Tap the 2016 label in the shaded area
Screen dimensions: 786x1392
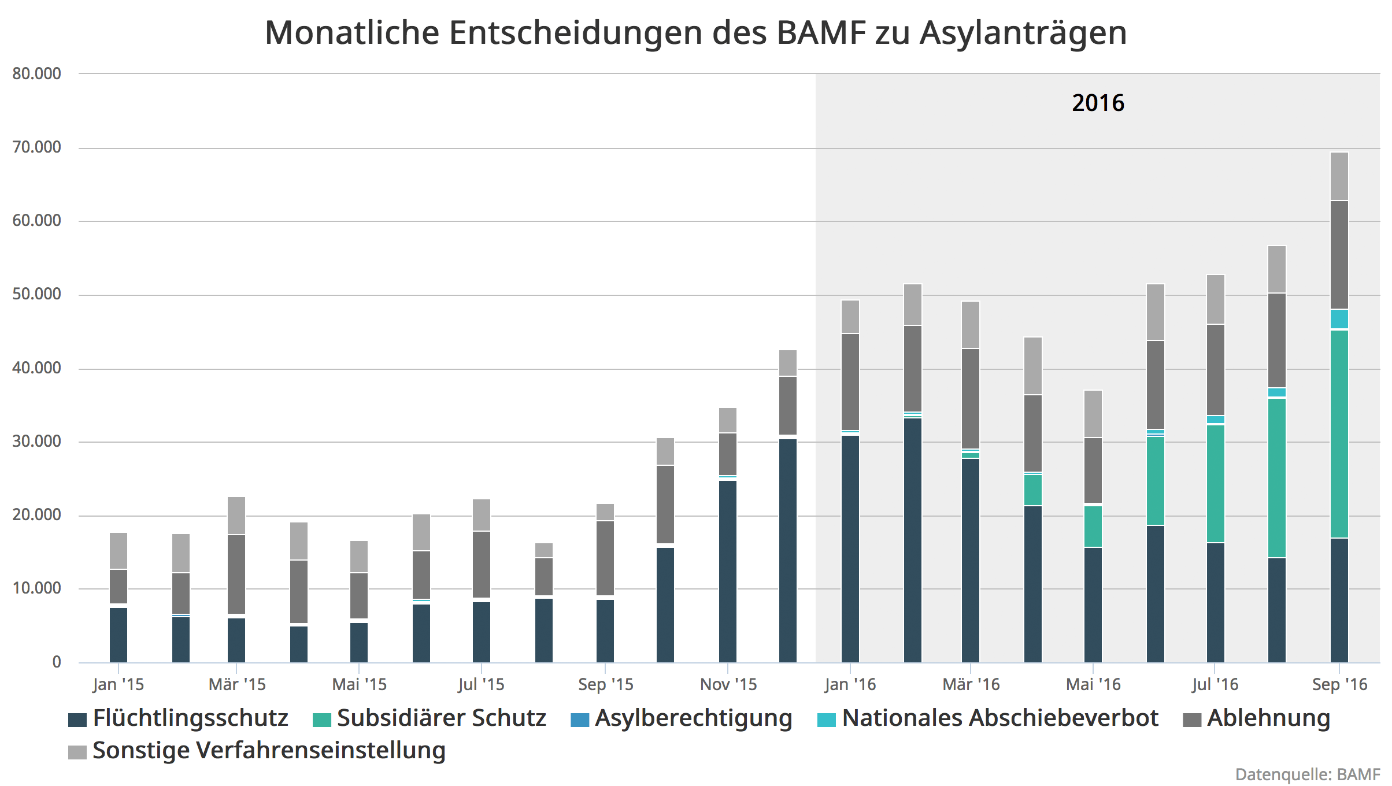(x=1098, y=103)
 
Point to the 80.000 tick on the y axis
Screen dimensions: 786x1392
(x=36, y=74)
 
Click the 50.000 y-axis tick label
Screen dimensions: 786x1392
(x=36, y=294)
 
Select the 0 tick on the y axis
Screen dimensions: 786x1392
(x=56, y=662)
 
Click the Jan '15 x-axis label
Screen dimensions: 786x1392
(x=118, y=685)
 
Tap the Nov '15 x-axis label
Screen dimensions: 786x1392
(x=728, y=685)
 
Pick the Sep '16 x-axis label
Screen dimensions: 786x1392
(x=1339, y=685)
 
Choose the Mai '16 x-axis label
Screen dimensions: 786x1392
(x=1093, y=685)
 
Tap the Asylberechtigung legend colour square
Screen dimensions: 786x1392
(x=580, y=720)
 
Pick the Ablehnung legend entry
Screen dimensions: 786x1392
(x=1268, y=718)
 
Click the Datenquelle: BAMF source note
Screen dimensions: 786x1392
(x=1307, y=774)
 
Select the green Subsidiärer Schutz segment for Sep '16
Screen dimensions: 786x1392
(x=1339, y=433)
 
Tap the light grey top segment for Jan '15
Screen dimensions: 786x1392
(x=119, y=551)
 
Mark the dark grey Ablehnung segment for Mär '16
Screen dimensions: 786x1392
(x=971, y=398)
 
